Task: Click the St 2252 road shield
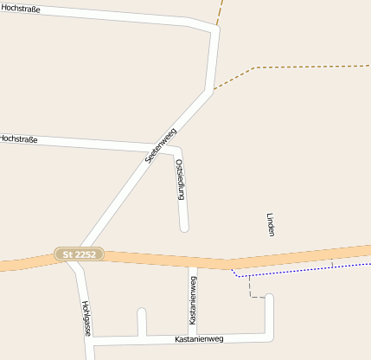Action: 80,254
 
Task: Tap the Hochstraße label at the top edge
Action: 20,9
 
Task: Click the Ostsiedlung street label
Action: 181,180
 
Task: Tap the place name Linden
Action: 270,223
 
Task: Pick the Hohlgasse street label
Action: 86,318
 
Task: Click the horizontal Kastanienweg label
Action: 198,338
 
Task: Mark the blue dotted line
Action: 303,269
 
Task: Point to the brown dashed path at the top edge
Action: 220,10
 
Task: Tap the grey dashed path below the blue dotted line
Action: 252,289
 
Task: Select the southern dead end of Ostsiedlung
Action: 184,228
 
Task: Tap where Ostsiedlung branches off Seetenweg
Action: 171,147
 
